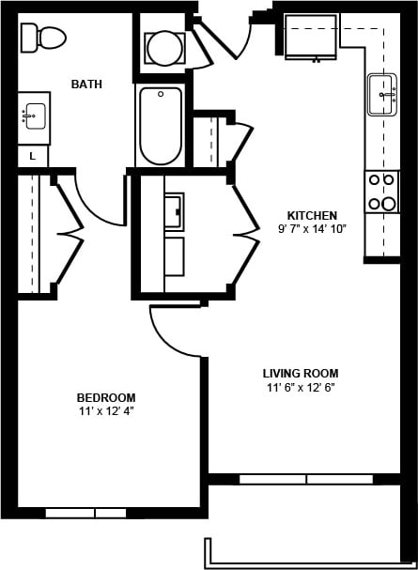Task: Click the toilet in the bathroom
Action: (43, 38)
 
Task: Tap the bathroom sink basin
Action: (35, 117)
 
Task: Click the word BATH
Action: (86, 85)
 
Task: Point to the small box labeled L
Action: (33, 157)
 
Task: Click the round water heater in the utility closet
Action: (164, 48)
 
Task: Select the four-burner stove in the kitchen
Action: (381, 192)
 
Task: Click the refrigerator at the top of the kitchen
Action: (311, 36)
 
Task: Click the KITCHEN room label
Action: (312, 215)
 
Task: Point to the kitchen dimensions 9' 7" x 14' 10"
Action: (312, 229)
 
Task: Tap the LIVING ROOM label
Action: (301, 373)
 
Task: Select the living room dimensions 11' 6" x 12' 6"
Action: (301, 387)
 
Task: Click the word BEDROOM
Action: (107, 397)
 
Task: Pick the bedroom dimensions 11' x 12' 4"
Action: (107, 411)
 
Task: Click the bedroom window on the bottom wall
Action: (85, 513)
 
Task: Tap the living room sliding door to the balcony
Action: (306, 479)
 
